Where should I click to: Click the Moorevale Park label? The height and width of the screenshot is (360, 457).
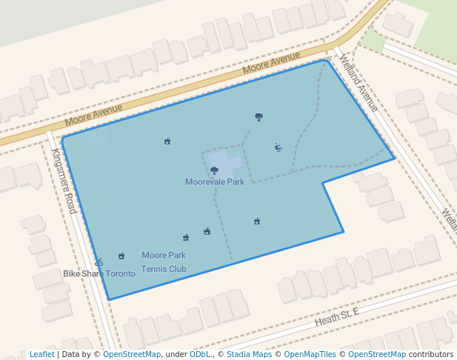(x=214, y=181)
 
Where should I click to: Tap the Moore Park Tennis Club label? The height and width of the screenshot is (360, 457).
(x=164, y=262)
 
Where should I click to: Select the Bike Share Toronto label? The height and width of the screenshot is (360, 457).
(x=99, y=273)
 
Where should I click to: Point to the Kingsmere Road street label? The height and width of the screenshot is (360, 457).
(x=64, y=181)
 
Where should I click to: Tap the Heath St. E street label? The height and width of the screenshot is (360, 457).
(x=336, y=318)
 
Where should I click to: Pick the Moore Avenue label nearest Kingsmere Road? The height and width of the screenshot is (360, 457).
(x=93, y=115)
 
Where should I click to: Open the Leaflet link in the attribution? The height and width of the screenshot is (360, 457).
(x=41, y=354)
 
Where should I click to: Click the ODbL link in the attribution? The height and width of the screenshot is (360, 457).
(x=199, y=354)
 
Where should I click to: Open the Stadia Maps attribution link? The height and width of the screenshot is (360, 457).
(x=249, y=354)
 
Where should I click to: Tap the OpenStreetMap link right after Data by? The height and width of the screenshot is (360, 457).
(x=132, y=354)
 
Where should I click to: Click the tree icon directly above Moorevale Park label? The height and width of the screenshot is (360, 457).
(x=214, y=170)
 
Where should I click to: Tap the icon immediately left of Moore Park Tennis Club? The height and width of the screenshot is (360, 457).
(x=121, y=256)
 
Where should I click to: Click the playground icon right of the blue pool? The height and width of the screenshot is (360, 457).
(x=278, y=147)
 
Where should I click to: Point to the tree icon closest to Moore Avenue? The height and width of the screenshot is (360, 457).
(x=258, y=116)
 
